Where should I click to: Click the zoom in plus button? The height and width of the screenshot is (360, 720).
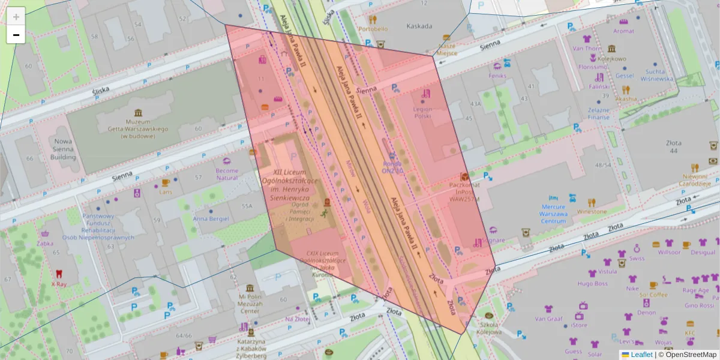pos(16,17)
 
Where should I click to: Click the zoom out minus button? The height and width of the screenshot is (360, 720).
pos(16,35)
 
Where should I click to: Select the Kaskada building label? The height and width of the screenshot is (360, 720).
pos(419,26)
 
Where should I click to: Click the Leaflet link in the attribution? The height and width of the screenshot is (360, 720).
pos(641,355)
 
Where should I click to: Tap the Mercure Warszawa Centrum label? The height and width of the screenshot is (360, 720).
pos(553,214)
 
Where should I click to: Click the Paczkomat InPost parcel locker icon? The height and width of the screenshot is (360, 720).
pos(464,177)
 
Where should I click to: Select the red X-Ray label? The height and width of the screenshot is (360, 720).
pos(58,284)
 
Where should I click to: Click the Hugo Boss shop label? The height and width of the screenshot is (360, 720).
pos(592,283)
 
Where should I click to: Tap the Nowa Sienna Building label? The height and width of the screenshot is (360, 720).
pos(63,149)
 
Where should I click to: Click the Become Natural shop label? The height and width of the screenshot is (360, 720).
pos(227,174)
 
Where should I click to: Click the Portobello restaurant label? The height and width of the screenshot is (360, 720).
pos(373,28)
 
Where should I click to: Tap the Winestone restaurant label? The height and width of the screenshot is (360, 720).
pos(591,211)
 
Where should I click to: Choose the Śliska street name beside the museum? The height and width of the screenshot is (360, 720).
pos(101,90)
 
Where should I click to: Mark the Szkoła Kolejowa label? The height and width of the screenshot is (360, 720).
pos(489,328)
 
